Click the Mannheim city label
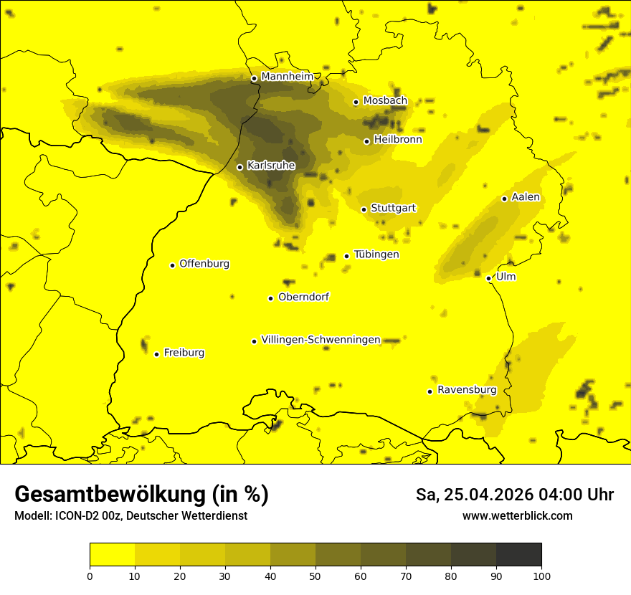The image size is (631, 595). (287, 76)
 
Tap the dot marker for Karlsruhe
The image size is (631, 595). (240, 167)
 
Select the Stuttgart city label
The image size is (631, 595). (393, 209)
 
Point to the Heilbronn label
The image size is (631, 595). (398, 140)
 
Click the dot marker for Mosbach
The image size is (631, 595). (356, 102)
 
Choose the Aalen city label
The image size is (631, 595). (526, 197)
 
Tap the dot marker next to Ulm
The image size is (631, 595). (489, 278)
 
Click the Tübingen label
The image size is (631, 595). (376, 254)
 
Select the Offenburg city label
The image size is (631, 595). (204, 264)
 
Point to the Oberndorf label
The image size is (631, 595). (304, 297)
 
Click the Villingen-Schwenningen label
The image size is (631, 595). (321, 340)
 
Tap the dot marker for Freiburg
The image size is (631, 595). (157, 354)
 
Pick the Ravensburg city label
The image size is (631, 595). (467, 390)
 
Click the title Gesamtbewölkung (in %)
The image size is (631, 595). (141, 495)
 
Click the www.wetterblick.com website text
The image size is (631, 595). (517, 515)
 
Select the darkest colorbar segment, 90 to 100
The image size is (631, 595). (518, 555)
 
